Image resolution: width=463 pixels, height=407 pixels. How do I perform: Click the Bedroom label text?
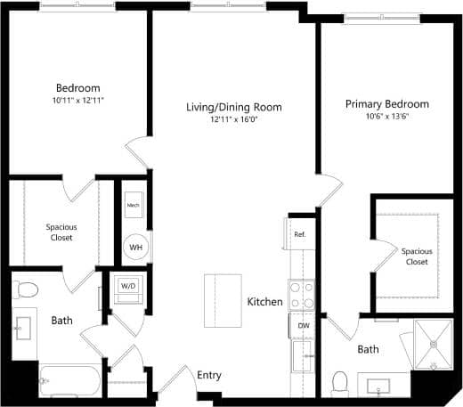(78, 87)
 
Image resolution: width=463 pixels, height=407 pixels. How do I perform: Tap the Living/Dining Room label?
(233, 107)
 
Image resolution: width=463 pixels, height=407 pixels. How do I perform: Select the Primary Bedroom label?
(386, 104)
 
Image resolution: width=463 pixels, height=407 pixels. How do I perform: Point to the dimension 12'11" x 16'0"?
(233, 118)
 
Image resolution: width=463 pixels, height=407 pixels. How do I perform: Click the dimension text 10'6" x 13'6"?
(386, 117)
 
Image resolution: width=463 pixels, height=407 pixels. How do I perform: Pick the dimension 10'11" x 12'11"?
(78, 100)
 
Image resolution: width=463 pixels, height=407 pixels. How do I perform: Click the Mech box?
(134, 206)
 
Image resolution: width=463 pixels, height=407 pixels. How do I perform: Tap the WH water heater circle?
(135, 247)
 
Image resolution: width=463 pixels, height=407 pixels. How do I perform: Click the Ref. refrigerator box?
(300, 233)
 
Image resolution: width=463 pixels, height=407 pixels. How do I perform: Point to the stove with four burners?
(302, 294)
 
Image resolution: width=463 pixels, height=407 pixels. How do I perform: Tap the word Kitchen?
(265, 302)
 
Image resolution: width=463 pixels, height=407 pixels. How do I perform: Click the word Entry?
(208, 376)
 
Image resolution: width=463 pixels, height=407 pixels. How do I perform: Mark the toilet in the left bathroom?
(26, 289)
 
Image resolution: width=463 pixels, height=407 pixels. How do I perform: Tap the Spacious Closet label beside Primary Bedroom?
(416, 256)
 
